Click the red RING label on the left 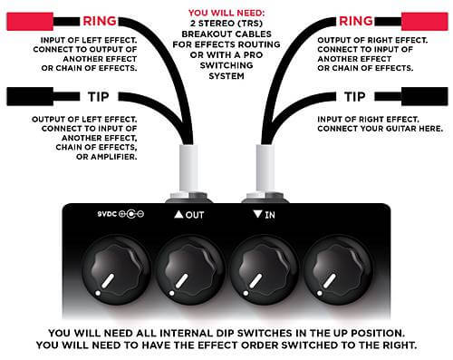100,21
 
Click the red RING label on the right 356,21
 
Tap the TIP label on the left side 98,97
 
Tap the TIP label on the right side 354,97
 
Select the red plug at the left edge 30,21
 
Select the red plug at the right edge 424,21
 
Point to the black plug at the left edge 30,97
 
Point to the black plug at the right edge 424,97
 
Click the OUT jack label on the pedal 189,215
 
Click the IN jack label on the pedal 265,215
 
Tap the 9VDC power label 120,214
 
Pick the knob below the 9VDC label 116,270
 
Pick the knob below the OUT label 189,270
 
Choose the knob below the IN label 264,270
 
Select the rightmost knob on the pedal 338,270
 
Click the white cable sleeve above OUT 189,168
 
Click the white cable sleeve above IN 265,168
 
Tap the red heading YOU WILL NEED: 226,13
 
